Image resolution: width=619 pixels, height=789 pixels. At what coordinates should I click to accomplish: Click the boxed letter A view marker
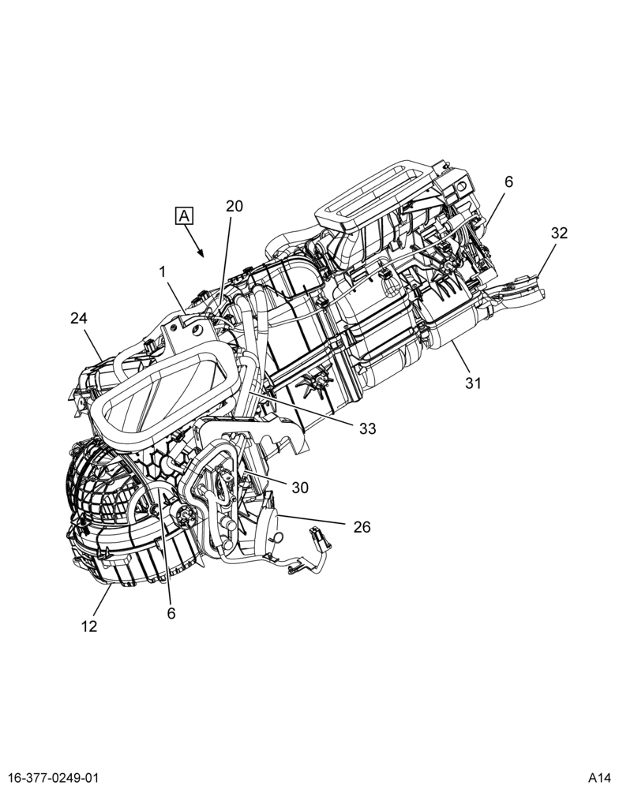pos(184,216)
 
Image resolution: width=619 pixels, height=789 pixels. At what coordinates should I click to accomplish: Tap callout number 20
pos(234,206)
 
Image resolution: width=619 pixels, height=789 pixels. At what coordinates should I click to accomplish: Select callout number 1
pos(162,272)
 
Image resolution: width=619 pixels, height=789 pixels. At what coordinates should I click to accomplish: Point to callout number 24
pos(79,318)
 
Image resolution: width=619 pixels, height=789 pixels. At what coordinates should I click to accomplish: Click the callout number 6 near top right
pos(508,181)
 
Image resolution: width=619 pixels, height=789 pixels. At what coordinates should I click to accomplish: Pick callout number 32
pos(558,233)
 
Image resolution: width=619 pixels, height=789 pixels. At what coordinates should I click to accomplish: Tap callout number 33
pos(368,428)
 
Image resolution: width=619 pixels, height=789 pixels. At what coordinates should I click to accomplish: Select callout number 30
pos(300,488)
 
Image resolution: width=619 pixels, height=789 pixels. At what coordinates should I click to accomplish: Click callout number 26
pos(362,527)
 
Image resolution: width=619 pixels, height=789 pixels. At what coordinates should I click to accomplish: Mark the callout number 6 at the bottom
pos(171,613)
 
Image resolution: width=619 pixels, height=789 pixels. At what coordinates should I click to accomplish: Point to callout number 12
pos(88,626)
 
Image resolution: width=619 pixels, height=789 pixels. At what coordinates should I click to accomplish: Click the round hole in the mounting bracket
pos(196,330)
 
